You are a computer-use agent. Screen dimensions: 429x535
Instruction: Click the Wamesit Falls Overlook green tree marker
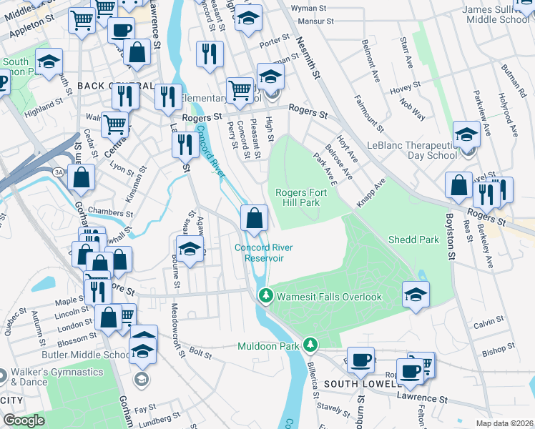pyautogui.click(x=266, y=295)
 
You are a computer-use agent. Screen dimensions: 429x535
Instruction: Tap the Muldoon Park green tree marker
pyautogui.click(x=310, y=345)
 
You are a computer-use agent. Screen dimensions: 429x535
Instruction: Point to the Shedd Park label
pyautogui.click(x=413, y=240)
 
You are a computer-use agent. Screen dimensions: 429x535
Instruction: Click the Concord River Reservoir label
pyautogui.click(x=255, y=253)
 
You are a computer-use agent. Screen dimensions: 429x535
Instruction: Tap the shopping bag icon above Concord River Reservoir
pyautogui.click(x=255, y=217)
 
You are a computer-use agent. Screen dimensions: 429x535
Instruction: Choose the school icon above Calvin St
pyautogui.click(x=416, y=294)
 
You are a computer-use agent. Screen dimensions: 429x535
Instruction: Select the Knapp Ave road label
pyautogui.click(x=370, y=193)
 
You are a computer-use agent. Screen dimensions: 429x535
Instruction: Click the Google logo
pyautogui.click(x=24, y=420)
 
